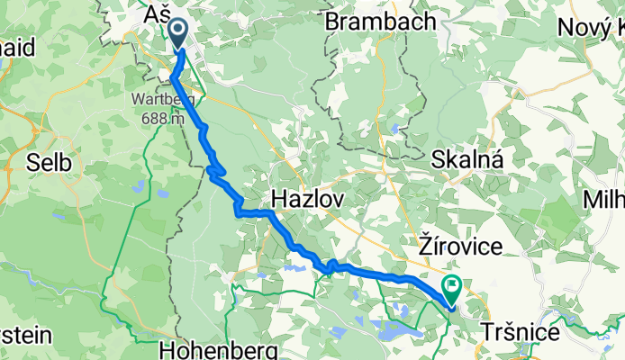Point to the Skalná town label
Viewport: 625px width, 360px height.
point(466,158)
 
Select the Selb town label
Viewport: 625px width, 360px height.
point(36,164)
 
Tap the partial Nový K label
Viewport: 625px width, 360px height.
point(590,27)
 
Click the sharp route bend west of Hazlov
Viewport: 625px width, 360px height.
point(237,211)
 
